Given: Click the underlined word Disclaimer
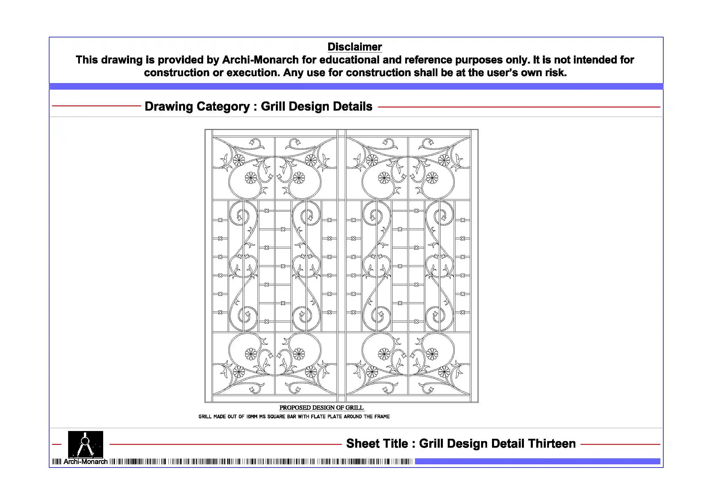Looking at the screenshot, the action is tap(355, 47).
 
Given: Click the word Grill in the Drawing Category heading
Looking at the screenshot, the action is tap(273, 106).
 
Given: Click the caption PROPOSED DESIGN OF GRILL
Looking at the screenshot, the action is tap(321, 407).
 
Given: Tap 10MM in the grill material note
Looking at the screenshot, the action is tap(252, 417).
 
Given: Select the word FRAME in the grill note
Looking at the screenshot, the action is tap(382, 417).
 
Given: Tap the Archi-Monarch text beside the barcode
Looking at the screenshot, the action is tap(85, 462).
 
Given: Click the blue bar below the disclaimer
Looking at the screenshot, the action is tap(356, 86).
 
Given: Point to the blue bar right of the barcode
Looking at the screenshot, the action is tap(537, 461).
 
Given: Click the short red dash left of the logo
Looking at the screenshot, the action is tap(57, 445).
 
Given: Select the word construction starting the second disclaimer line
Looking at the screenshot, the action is tap(177, 73).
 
